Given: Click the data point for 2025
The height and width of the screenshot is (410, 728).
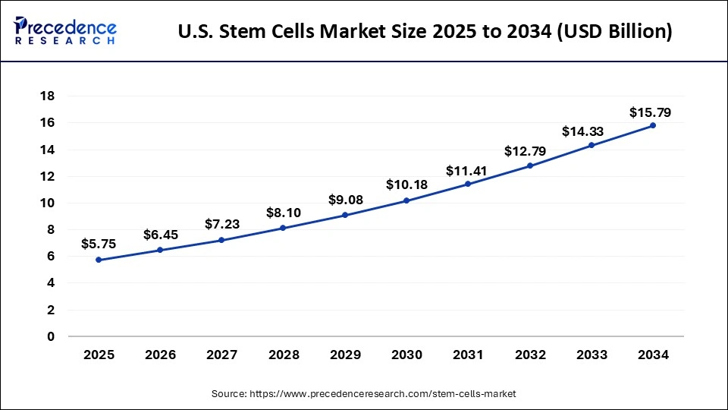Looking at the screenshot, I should (99, 260).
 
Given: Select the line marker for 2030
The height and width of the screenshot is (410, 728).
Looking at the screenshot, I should (406, 200).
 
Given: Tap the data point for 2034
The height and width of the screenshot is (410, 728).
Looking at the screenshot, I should (653, 125).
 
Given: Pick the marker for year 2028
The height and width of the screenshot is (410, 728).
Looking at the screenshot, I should (284, 228).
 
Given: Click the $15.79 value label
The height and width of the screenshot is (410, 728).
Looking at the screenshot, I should (650, 112).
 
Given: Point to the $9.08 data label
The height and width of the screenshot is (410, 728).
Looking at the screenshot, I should (345, 200).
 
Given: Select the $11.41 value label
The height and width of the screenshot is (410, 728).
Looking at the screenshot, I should (468, 170).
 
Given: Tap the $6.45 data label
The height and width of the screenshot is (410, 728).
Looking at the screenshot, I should (160, 235).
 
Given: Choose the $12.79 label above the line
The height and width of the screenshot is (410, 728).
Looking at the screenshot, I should (529, 151).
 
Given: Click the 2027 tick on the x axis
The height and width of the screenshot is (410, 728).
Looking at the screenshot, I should (221, 354).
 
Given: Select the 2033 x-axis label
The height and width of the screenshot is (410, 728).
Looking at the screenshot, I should (591, 354).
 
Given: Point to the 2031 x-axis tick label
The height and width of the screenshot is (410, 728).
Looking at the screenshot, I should (468, 354).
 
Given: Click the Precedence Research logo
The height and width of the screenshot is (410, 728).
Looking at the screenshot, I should (65, 31).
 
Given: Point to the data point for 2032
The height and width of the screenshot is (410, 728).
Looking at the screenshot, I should (530, 166).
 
